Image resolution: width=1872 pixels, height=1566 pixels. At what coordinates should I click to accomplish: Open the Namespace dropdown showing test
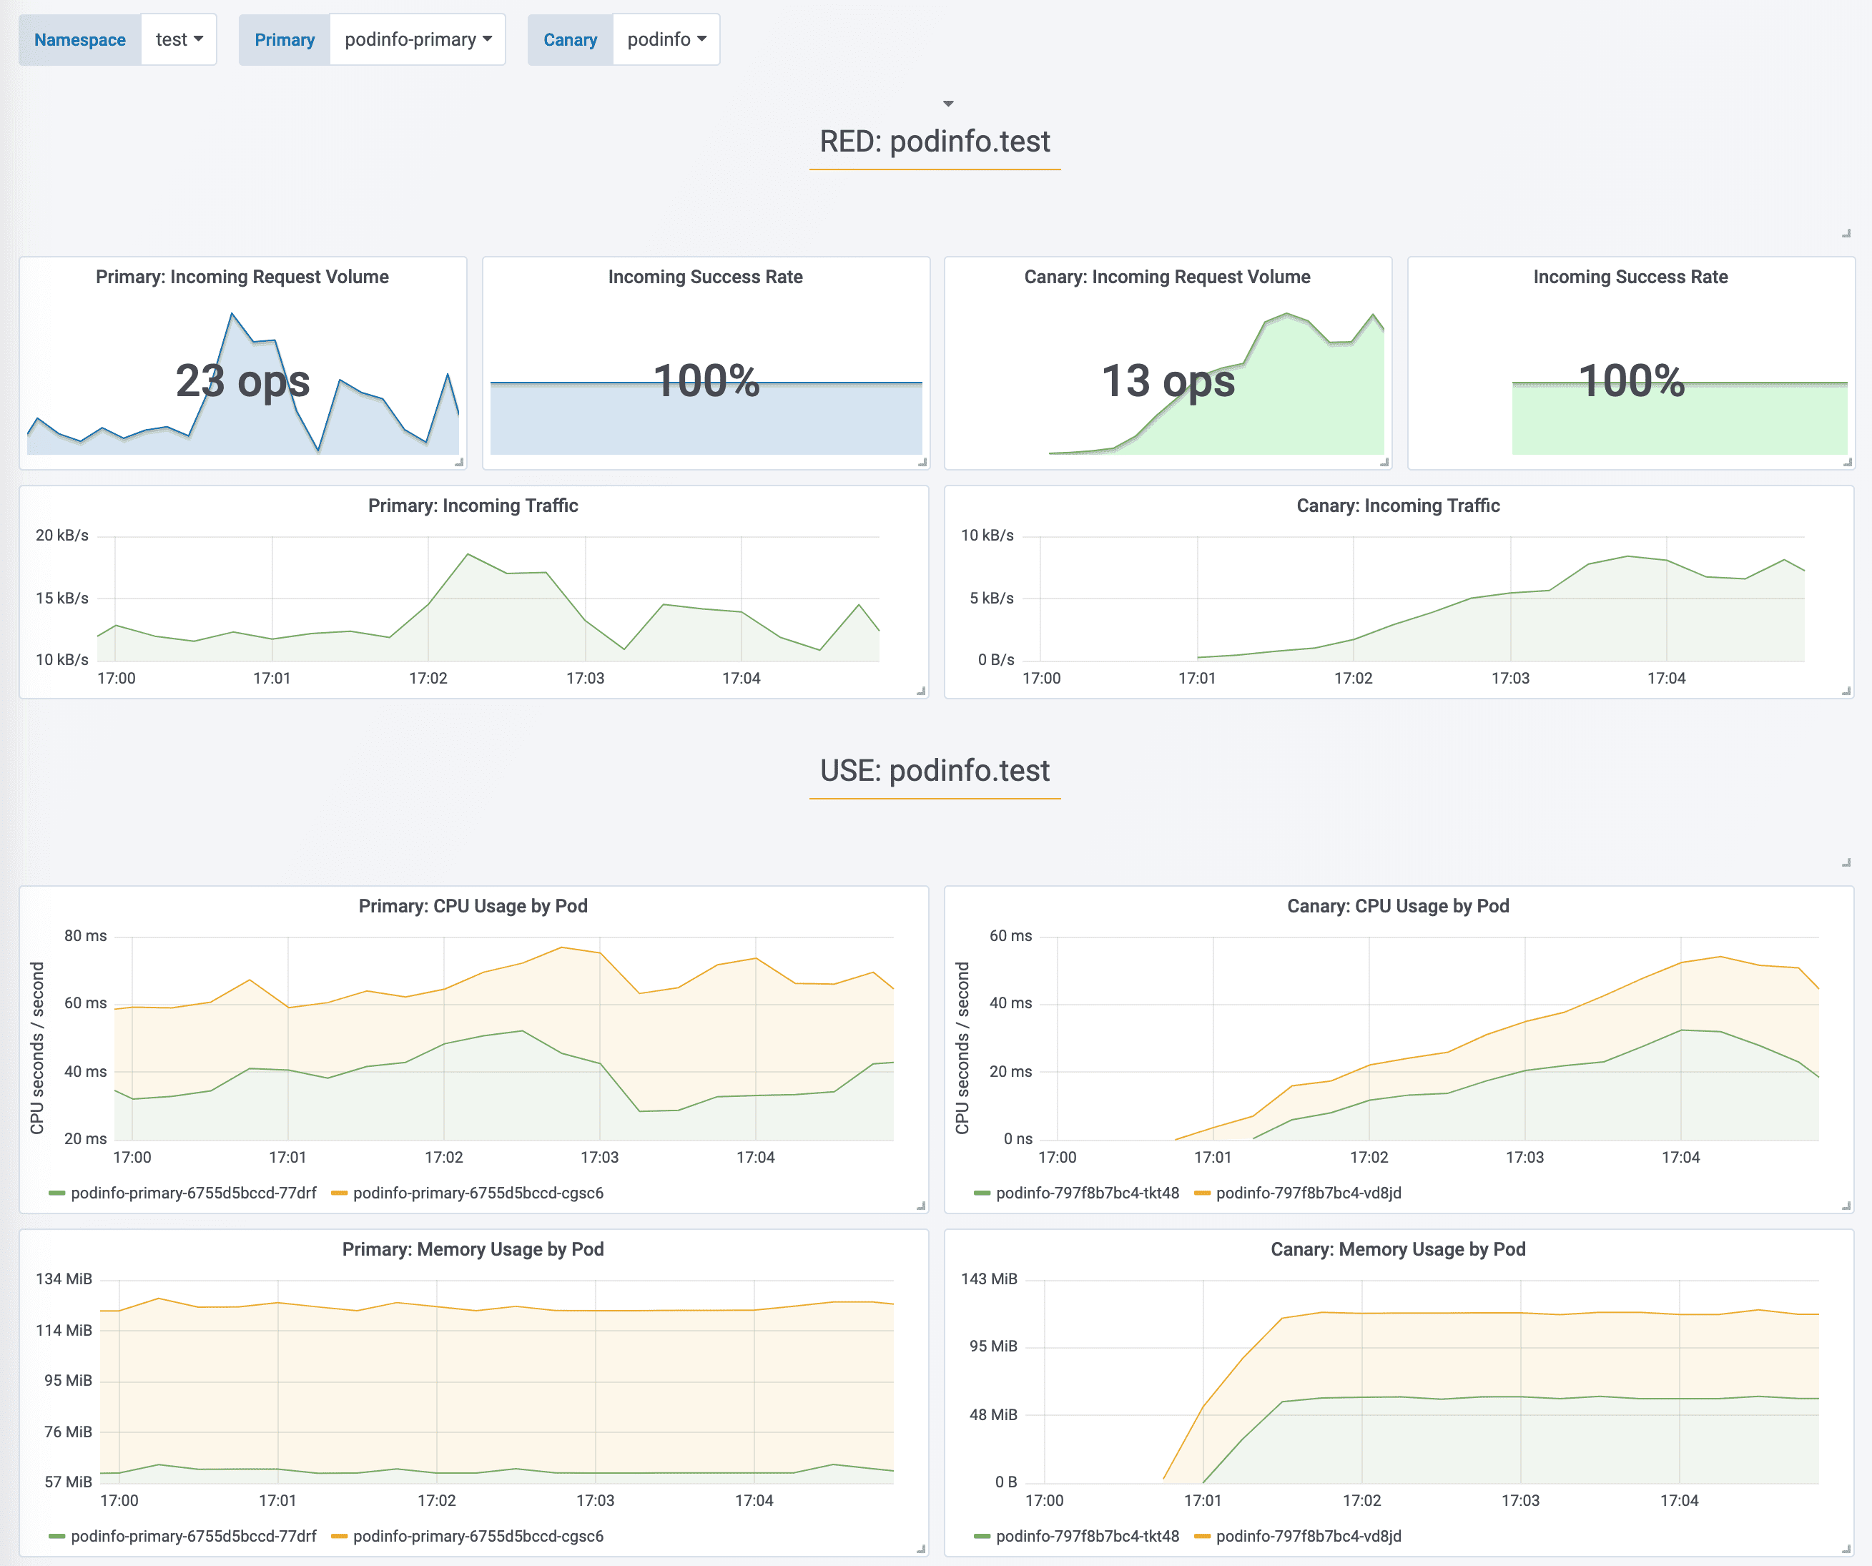178,39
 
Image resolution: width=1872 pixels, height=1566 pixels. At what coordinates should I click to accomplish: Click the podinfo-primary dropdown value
417,39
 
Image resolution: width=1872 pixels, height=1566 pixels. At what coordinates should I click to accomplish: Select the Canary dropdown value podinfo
666,39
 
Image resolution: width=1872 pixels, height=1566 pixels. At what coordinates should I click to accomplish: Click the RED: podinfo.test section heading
935,141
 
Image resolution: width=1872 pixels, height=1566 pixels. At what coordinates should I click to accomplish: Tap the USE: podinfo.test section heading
935,770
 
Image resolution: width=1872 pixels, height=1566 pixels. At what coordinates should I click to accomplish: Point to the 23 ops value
242,381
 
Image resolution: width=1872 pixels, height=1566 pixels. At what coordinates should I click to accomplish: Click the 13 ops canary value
1168,381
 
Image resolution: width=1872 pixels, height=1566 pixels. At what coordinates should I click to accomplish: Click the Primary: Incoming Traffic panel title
473,506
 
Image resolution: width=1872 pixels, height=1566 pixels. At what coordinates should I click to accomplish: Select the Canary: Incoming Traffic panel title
1398,506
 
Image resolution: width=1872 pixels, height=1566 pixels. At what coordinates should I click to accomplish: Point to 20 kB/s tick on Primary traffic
62,536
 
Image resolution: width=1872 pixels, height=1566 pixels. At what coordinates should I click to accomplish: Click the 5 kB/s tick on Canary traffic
991,598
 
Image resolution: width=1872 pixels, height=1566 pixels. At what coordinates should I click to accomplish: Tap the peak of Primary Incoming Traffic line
468,554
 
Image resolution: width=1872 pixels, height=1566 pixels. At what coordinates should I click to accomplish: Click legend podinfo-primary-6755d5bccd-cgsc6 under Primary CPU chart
478,1193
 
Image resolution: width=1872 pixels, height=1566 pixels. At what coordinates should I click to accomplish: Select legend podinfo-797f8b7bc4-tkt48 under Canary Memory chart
1087,1536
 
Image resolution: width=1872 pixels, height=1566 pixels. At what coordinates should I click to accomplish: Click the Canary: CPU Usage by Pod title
1398,905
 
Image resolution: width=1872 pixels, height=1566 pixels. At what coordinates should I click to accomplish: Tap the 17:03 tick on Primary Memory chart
595,1500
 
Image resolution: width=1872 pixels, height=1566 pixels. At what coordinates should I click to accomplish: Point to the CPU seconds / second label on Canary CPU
962,1048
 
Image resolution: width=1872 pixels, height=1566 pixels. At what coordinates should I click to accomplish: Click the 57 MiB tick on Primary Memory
69,1482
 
